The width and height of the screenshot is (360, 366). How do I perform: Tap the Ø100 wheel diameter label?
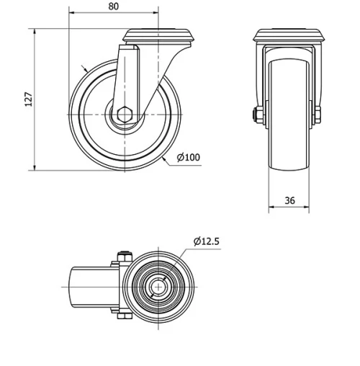click(x=188, y=158)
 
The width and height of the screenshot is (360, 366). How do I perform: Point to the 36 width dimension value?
click(x=289, y=201)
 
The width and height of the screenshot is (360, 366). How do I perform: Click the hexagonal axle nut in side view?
click(x=124, y=113)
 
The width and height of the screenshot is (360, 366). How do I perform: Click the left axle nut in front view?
click(x=257, y=114)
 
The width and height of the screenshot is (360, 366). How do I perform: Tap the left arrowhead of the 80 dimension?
click(x=73, y=14)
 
